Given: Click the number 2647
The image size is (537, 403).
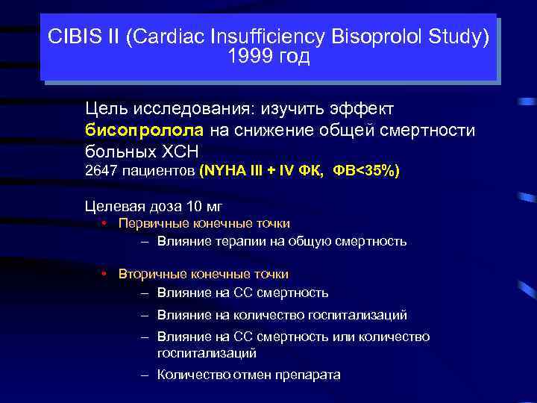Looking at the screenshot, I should coord(101,172).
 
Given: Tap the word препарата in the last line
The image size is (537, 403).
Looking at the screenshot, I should coord(307,375).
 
